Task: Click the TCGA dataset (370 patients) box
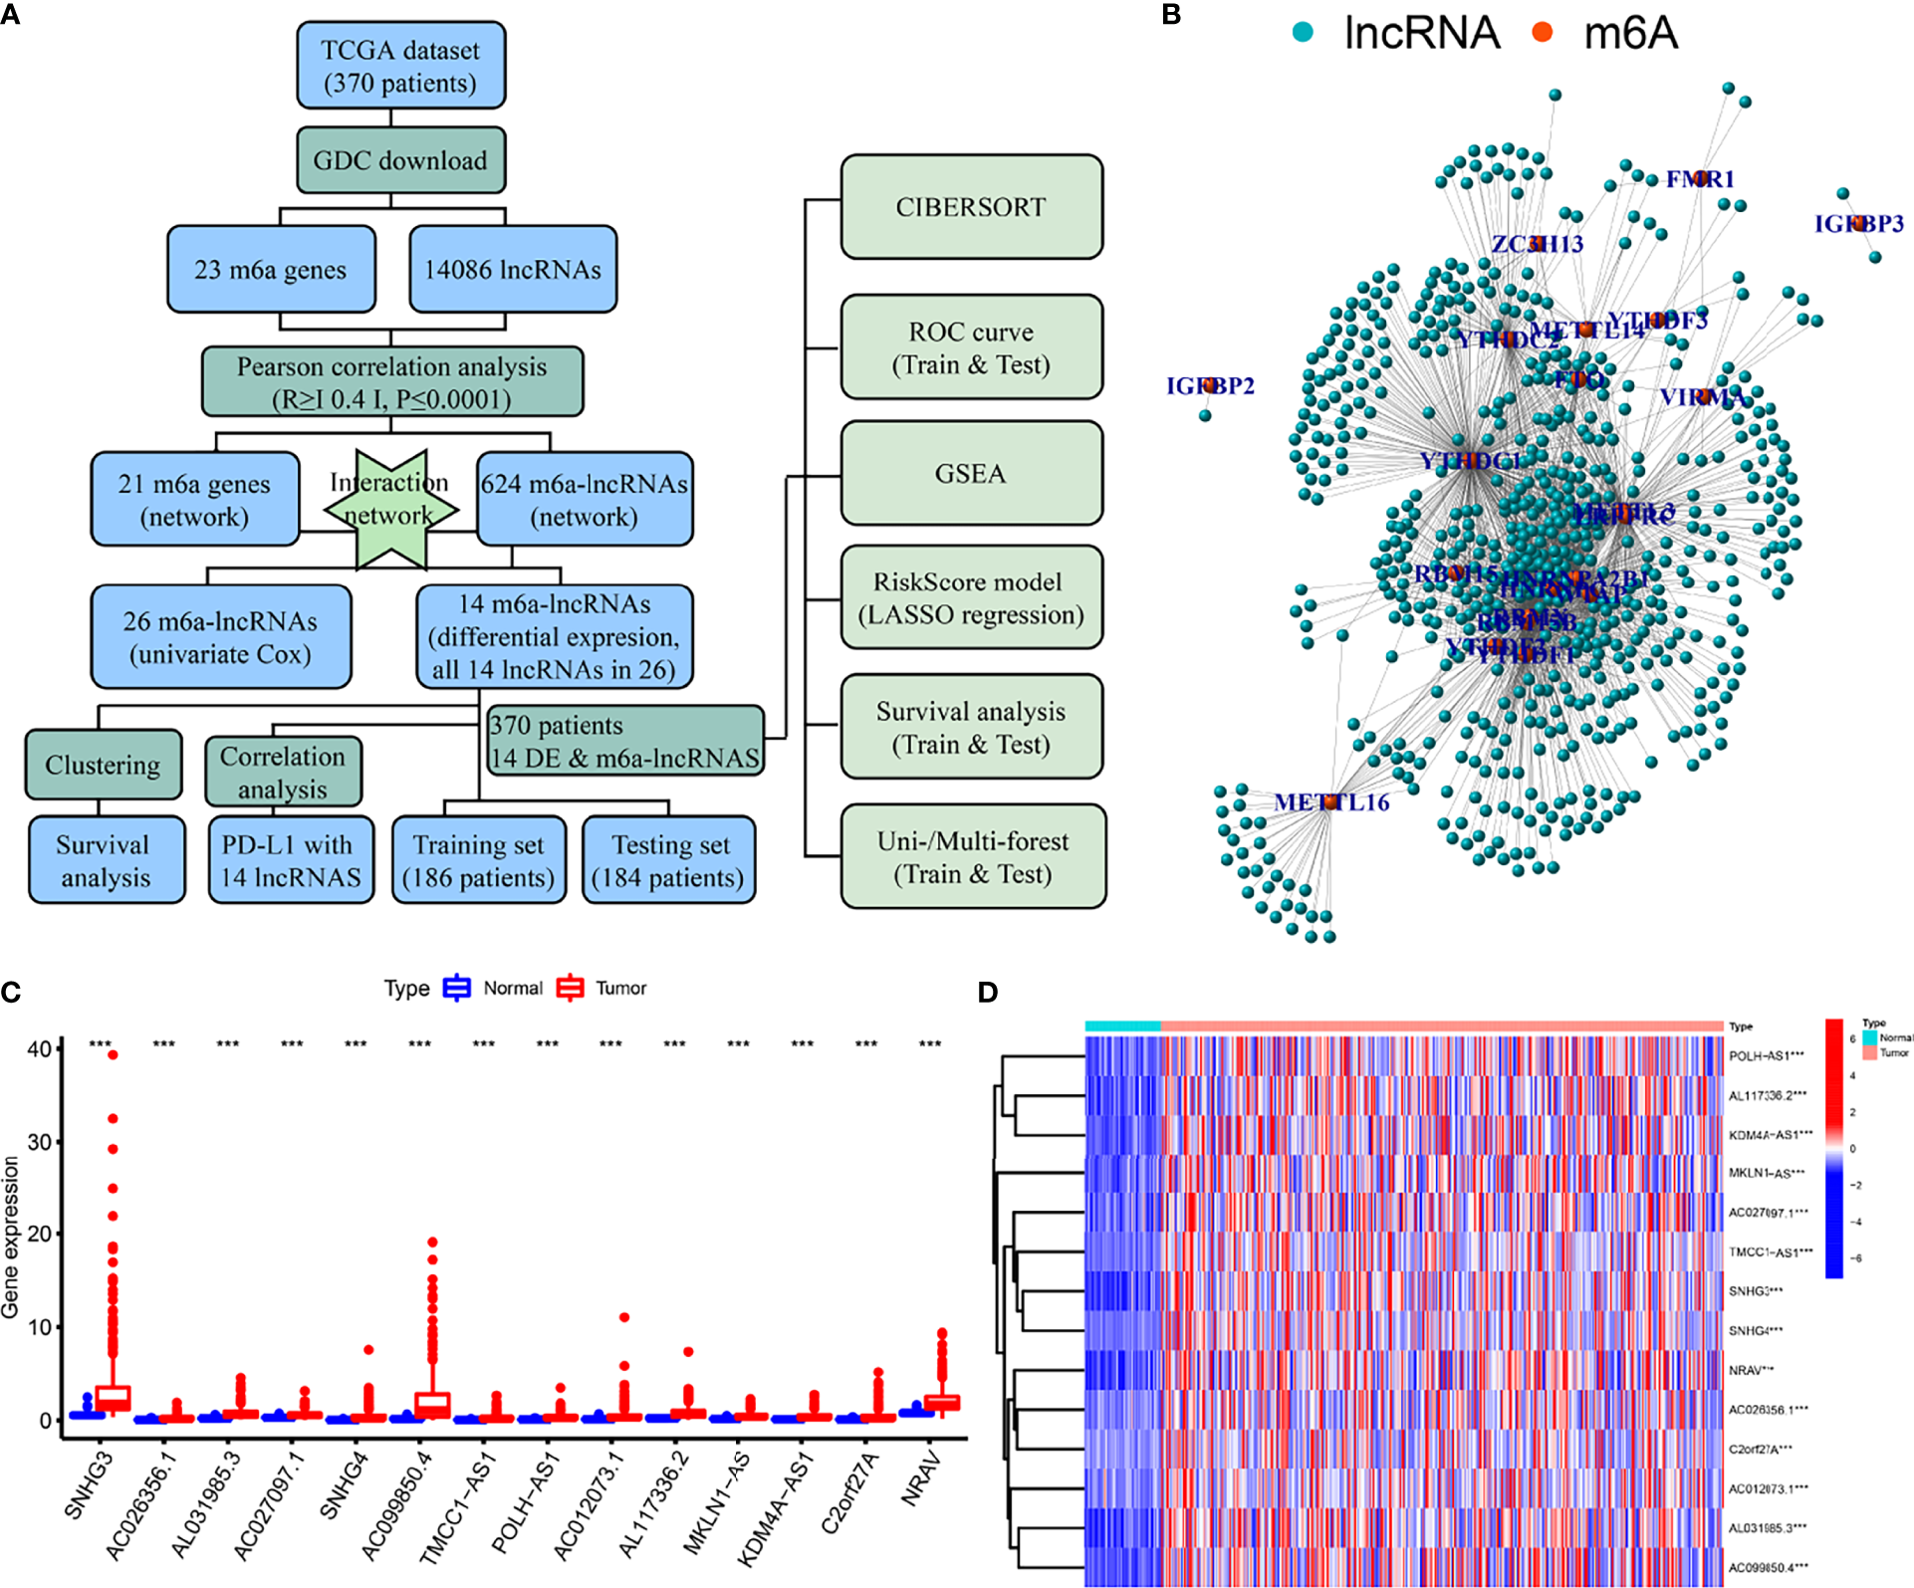click(x=400, y=66)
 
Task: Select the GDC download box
click(x=400, y=160)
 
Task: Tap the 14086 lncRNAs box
click(x=513, y=270)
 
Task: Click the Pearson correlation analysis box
click(x=391, y=381)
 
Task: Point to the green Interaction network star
click(x=390, y=508)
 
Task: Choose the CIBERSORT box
click(x=971, y=207)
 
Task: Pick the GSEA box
click(x=971, y=473)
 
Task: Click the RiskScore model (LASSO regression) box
click(x=971, y=597)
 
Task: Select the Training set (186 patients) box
click(x=479, y=860)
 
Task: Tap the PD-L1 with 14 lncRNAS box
click(x=291, y=860)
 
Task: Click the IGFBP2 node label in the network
click(x=1210, y=385)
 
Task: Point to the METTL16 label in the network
click(x=1331, y=801)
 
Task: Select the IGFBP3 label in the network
click(x=1858, y=223)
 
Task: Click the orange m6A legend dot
click(x=1543, y=33)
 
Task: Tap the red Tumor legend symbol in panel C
click(x=570, y=988)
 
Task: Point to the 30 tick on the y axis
click(x=40, y=1142)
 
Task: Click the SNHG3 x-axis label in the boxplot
click(x=89, y=1485)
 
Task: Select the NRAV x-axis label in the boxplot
click(x=921, y=1478)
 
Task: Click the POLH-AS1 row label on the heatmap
click(x=1767, y=1055)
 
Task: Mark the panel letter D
click(x=987, y=992)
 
